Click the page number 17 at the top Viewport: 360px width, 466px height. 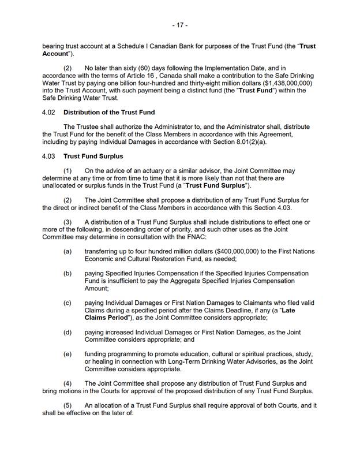(x=180, y=26)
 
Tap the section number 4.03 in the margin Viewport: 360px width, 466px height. (x=50, y=156)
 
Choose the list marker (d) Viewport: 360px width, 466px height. (x=67, y=333)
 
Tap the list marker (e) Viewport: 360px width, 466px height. (x=67, y=355)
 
